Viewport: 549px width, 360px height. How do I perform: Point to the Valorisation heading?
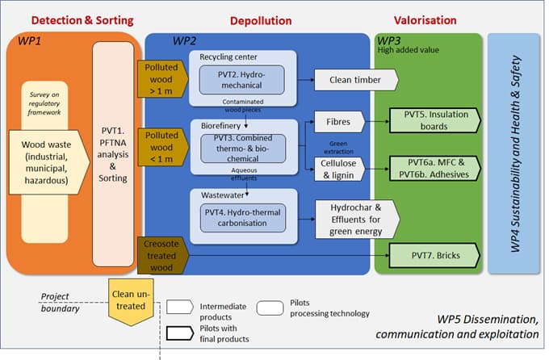pyautogui.click(x=425, y=19)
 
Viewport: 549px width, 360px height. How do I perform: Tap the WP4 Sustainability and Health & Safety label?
pyautogui.click(x=515, y=153)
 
